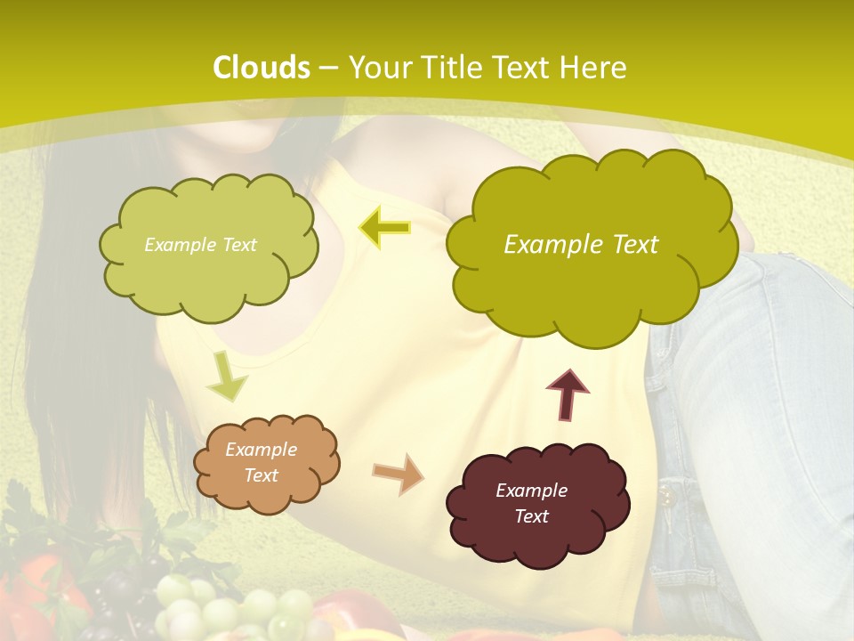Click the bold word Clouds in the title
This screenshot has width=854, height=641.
pyautogui.click(x=262, y=68)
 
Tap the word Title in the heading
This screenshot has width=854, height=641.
pyautogui.click(x=447, y=68)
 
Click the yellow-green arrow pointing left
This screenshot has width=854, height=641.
pyautogui.click(x=384, y=228)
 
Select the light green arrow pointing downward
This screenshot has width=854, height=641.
pyautogui.click(x=226, y=376)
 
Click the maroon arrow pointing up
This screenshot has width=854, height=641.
pyautogui.click(x=568, y=394)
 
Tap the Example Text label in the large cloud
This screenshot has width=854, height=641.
pyautogui.click(x=581, y=245)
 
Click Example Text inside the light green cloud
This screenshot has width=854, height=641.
pyautogui.click(x=200, y=245)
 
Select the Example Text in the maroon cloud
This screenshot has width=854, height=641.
pyautogui.click(x=531, y=503)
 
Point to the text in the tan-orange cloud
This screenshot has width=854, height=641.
pyautogui.click(x=261, y=462)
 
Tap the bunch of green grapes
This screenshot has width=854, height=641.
pyautogui.click(x=222, y=610)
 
